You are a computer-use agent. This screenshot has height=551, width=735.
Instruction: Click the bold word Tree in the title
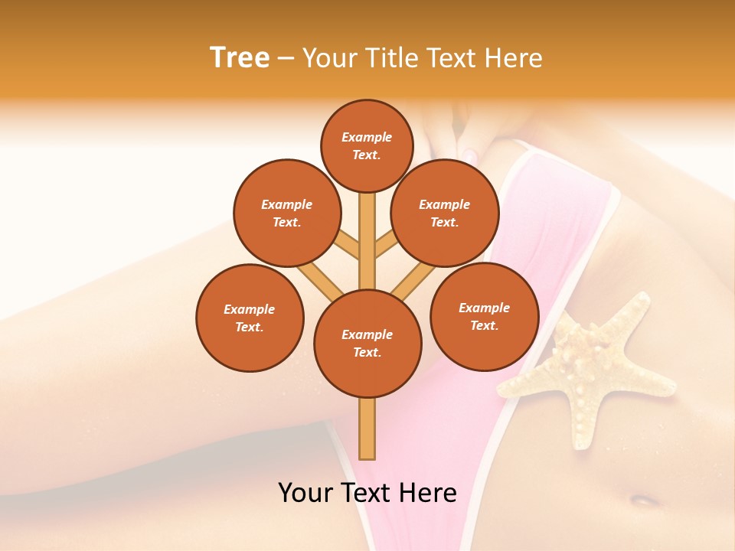coord(240,57)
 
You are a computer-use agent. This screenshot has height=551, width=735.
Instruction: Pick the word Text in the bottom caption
coord(371,493)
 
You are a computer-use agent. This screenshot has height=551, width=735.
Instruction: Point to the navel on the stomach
coord(645,500)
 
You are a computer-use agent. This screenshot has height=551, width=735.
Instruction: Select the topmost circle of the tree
coord(367,145)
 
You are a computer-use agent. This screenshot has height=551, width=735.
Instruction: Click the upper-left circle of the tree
coord(286,213)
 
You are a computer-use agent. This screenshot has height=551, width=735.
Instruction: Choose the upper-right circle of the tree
coord(445,213)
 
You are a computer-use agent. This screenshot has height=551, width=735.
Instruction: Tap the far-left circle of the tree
coord(250,318)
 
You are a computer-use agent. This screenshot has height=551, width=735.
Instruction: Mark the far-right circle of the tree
coord(484,316)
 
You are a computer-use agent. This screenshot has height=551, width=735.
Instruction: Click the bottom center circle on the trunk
coord(367,343)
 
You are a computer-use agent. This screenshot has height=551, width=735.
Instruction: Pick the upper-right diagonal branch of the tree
coord(387,245)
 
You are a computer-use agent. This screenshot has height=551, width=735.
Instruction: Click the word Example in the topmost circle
coord(367,137)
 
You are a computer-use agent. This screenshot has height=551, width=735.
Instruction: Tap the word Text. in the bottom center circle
coord(367,352)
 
